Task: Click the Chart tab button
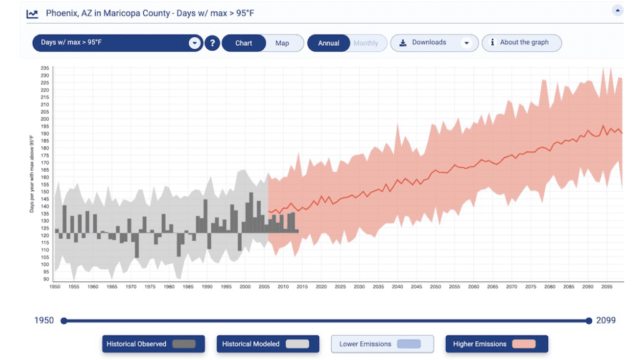[244, 43]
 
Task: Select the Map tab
[282, 43]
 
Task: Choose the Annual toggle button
[329, 43]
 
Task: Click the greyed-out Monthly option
[366, 43]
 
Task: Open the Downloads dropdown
[434, 42]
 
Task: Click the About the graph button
[521, 42]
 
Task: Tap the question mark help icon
[212, 43]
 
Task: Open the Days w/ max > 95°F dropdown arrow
[194, 43]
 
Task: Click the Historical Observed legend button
[149, 344]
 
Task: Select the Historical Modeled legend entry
[263, 344]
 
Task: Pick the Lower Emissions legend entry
[382, 344]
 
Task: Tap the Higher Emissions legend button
[496, 344]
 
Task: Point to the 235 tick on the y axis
[45, 68]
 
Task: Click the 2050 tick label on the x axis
[435, 287]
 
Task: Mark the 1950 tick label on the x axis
[55, 287]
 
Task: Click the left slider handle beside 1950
[64, 321]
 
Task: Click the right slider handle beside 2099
[589, 321]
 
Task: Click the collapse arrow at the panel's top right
[617, 10]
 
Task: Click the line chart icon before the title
[32, 13]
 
